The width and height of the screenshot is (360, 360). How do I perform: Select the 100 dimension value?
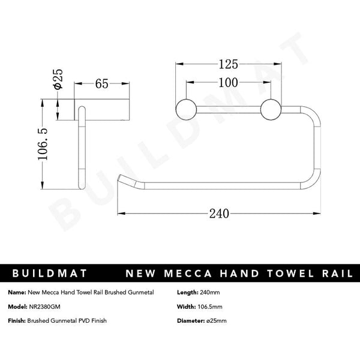click(228, 82)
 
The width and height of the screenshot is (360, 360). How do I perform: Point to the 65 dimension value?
click(101, 84)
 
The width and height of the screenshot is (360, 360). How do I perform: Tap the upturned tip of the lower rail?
click(123, 179)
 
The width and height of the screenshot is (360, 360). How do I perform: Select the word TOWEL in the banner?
click(286, 274)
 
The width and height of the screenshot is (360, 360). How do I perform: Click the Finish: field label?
click(16, 320)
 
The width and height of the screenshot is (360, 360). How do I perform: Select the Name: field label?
click(17, 292)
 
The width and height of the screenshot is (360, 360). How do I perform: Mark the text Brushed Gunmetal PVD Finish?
click(67, 320)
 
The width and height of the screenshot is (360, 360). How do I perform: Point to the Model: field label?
click(17, 306)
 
